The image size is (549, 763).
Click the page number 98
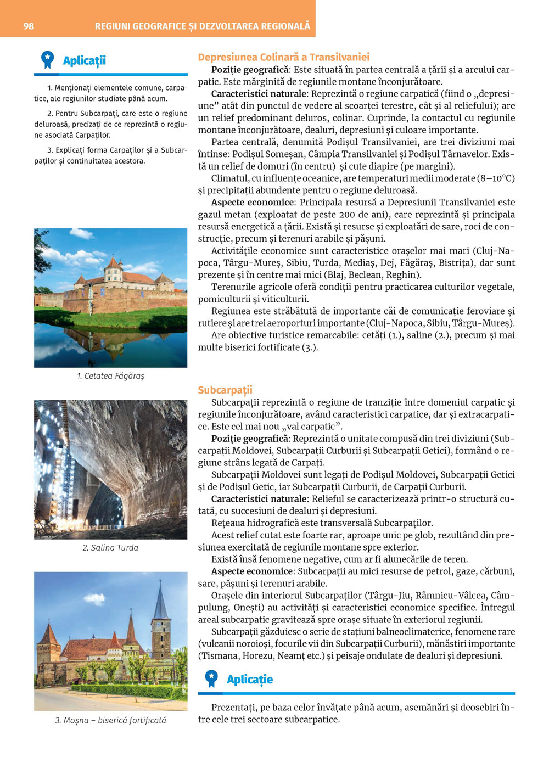pyautogui.click(x=29, y=26)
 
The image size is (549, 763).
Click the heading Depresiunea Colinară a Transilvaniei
pyautogui.click(x=283, y=57)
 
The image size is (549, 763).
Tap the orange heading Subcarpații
pyautogui.click(x=225, y=390)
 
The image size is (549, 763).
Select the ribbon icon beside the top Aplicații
pyautogui.click(x=48, y=60)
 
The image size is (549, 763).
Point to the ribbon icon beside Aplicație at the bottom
pyautogui.click(x=211, y=679)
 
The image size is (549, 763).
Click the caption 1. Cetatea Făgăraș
pyautogui.click(x=110, y=376)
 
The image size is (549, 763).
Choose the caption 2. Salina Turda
pyautogui.click(x=110, y=547)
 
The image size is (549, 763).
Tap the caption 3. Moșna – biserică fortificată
pyautogui.click(x=110, y=720)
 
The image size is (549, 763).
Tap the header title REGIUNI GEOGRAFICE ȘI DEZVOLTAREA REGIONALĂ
pyautogui.click(x=202, y=26)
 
